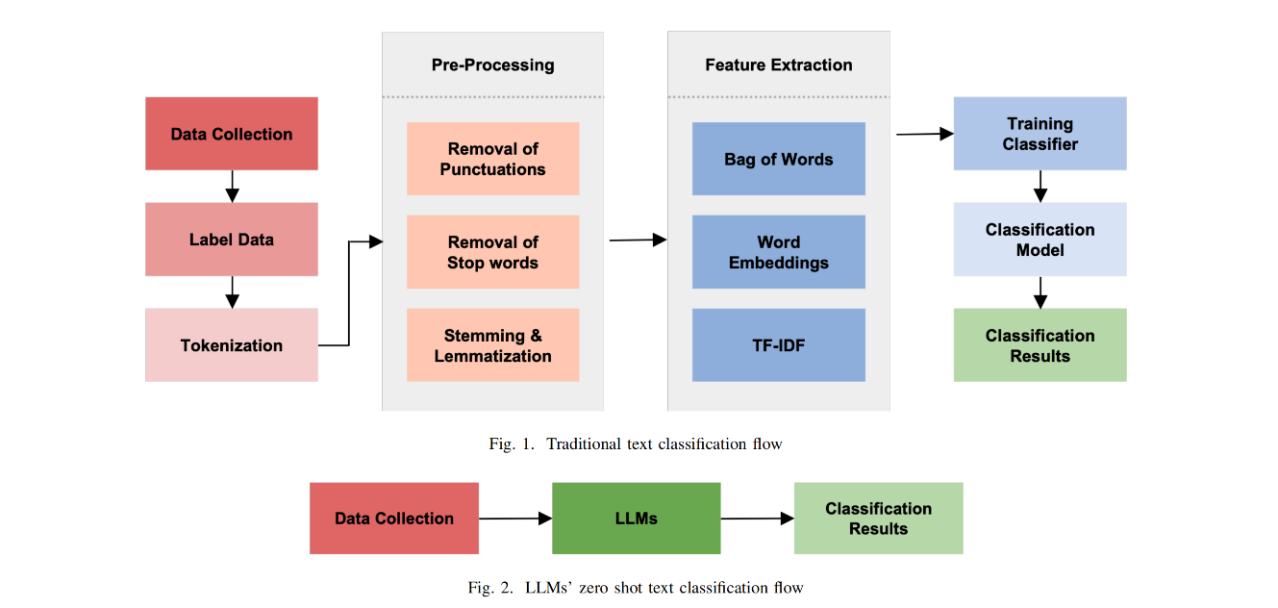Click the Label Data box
click(x=232, y=240)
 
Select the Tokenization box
click(x=232, y=344)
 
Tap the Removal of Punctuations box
click(x=493, y=159)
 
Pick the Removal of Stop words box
click(x=493, y=252)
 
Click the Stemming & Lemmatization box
click(x=493, y=344)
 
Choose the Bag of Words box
click(x=779, y=159)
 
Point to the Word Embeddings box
click(x=779, y=252)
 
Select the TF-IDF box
click(x=779, y=344)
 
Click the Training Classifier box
click(x=1040, y=134)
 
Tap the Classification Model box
click(x=1040, y=240)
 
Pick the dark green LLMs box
click(x=637, y=519)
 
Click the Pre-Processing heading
click(x=493, y=65)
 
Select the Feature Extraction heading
click(x=779, y=65)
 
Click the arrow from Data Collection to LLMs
click(x=515, y=519)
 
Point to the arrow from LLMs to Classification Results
click(x=758, y=519)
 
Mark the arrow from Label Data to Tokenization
click(x=232, y=292)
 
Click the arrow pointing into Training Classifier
click(x=925, y=134)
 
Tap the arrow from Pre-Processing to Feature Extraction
click(x=639, y=240)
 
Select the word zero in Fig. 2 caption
click(x=594, y=588)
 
